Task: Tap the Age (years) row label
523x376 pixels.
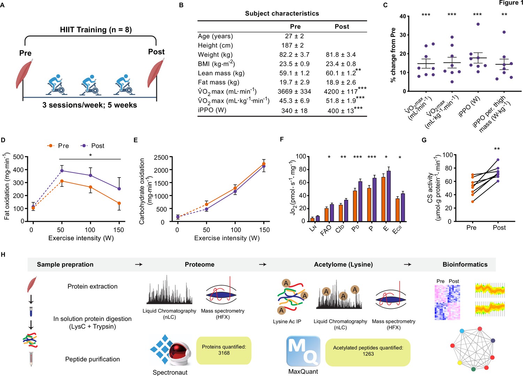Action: click(x=215, y=36)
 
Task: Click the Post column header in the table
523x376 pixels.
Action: click(x=342, y=26)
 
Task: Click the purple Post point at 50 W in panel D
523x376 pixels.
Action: click(x=62, y=171)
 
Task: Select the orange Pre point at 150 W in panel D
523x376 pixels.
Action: click(x=119, y=203)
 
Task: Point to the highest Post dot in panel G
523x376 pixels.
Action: click(x=498, y=160)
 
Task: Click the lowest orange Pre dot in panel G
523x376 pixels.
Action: click(x=472, y=202)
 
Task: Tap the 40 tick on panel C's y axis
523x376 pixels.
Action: click(x=403, y=16)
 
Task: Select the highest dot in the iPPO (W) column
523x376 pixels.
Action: click(x=478, y=24)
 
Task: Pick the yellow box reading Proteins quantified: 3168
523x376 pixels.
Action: click(x=224, y=350)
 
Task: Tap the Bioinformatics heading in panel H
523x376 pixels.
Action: click(x=465, y=265)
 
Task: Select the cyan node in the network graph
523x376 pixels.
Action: click(x=462, y=331)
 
